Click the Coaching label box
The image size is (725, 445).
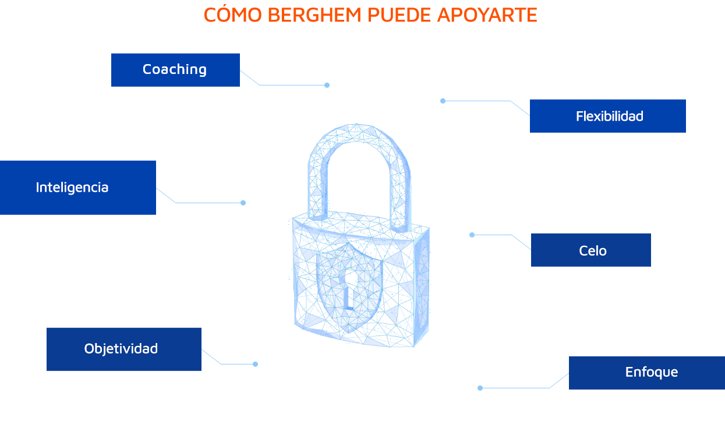(175, 70)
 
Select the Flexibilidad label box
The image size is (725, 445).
(608, 116)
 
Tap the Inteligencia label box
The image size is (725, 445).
(78, 188)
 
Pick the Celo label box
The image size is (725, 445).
(591, 250)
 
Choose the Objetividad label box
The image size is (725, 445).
(124, 349)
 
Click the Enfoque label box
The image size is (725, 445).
(647, 373)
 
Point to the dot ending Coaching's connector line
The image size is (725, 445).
(327, 85)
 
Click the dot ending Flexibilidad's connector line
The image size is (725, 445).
(443, 101)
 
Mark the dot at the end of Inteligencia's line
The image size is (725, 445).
(243, 203)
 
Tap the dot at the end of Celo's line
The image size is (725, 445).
(472, 235)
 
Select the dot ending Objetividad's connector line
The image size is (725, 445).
(256, 364)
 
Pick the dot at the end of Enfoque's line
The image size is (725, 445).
(480, 388)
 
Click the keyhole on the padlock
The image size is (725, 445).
(349, 288)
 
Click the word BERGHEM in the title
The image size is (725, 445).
(314, 15)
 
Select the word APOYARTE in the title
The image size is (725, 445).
(487, 15)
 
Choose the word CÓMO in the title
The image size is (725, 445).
(233, 14)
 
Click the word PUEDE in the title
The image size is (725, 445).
(399, 15)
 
